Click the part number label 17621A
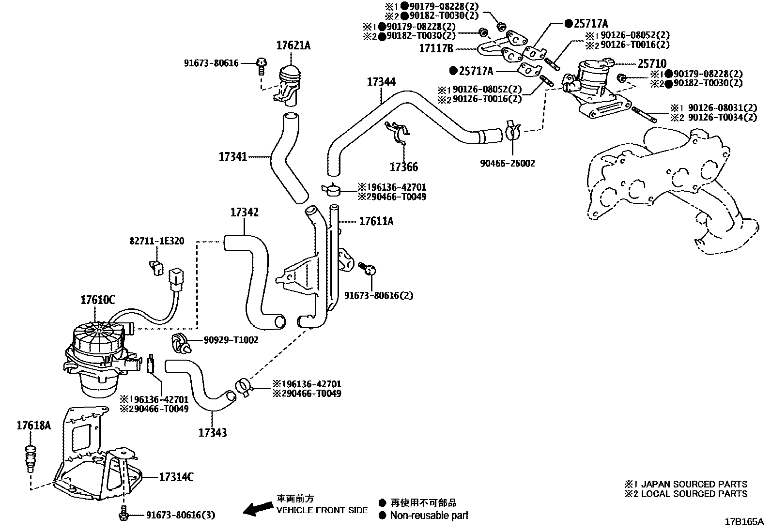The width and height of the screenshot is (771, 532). click(293, 46)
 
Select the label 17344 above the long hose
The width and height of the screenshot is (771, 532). click(381, 81)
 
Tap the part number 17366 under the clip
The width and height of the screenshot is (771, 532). click(403, 167)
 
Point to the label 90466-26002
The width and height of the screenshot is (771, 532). click(508, 164)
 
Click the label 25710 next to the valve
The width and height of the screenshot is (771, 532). click(651, 63)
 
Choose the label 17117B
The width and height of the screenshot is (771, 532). click(436, 48)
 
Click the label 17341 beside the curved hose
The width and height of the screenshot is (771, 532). click(233, 157)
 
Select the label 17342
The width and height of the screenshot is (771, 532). click(244, 212)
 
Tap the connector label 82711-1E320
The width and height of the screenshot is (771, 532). click(156, 241)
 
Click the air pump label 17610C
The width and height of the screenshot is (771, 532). click(97, 300)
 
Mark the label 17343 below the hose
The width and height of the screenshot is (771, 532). click(212, 432)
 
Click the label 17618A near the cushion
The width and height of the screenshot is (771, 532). click(33, 426)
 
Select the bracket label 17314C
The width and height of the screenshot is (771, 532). click(176, 477)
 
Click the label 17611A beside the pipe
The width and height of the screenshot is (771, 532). click(376, 221)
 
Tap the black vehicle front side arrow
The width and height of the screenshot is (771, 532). click(257, 508)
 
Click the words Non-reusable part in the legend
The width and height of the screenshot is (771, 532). click(429, 516)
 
